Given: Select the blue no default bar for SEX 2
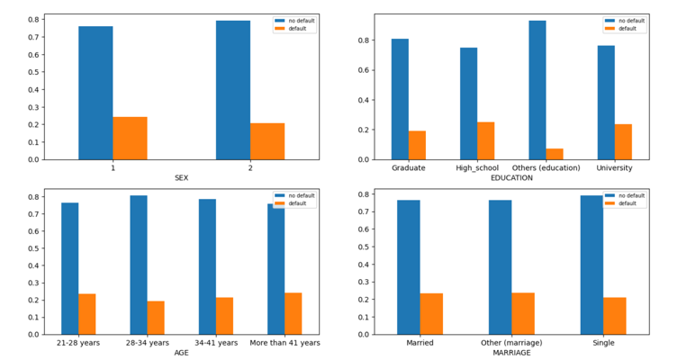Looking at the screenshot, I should coord(233,90).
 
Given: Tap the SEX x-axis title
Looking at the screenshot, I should coord(182,178).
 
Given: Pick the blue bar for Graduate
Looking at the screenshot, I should coord(400,99).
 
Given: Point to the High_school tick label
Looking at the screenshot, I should coord(476,168).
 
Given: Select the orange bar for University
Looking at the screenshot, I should coord(622,141).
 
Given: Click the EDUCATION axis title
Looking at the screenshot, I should coord(511,178).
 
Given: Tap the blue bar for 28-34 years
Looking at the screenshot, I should coord(139,265).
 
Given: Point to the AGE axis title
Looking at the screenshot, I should coord(182,353).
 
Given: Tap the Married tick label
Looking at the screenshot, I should coord(420,343).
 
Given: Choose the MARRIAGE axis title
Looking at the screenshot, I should coord(511,353).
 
